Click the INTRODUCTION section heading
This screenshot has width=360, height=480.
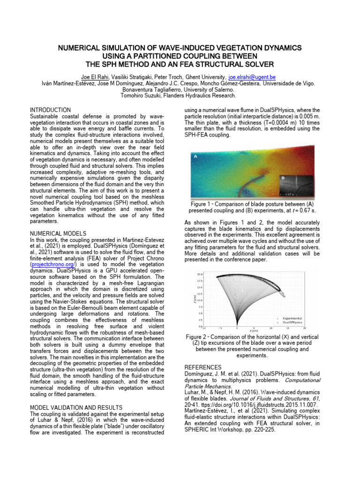[x=51, y=110]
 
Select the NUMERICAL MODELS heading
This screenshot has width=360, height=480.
[x=58, y=233]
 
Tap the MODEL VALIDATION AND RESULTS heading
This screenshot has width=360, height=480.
[x=76, y=407]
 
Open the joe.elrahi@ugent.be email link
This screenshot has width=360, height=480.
[x=251, y=76]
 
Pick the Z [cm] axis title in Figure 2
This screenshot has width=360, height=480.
[x=194, y=300]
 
